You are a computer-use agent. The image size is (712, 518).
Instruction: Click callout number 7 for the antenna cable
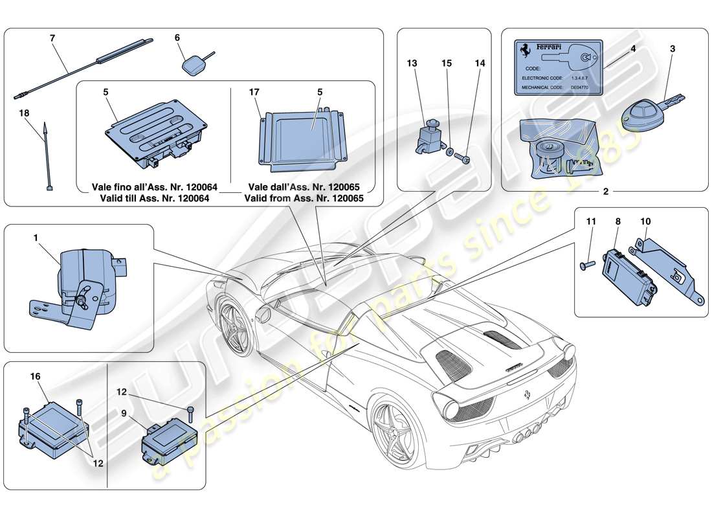click(x=52, y=38)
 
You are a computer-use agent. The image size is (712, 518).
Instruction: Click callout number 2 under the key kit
click(x=605, y=192)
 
